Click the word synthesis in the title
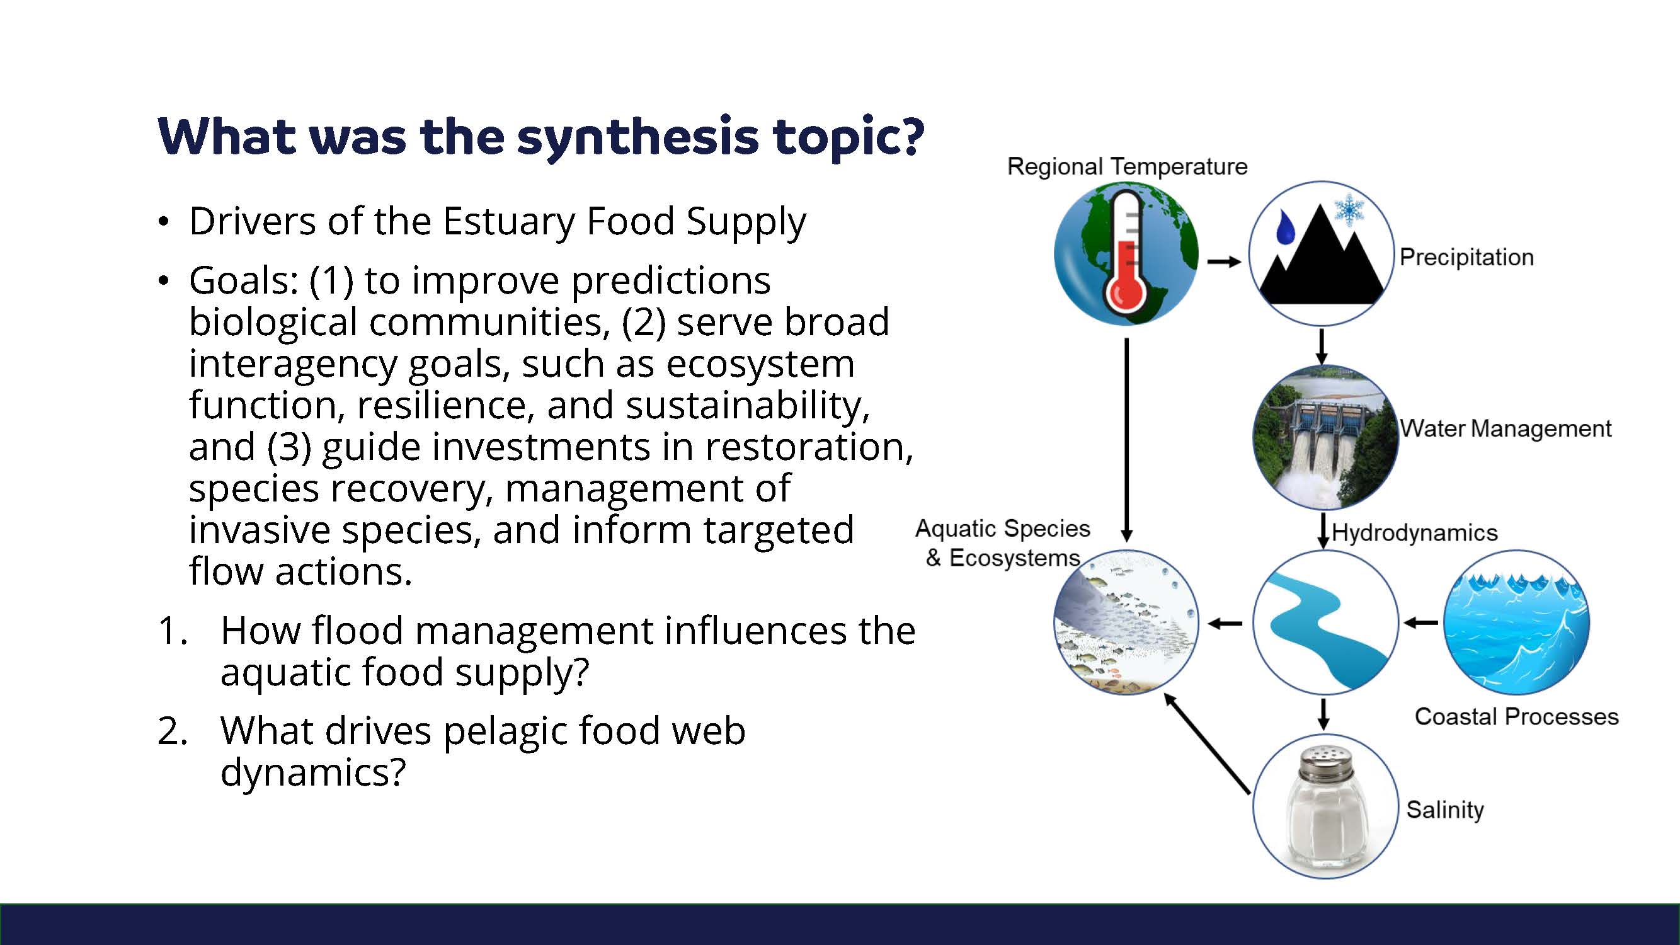tap(638, 137)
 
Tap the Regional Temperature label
tap(1127, 166)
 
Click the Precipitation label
tap(1466, 257)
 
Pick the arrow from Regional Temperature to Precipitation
tap(1223, 262)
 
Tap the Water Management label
tap(1506, 428)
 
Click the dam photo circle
tap(1325, 438)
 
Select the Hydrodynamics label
tap(1415, 533)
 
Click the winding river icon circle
tap(1325, 622)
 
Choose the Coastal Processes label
tap(1516, 717)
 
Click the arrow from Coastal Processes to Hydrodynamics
tap(1420, 623)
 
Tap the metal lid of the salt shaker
tap(1325, 761)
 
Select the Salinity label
tap(1444, 810)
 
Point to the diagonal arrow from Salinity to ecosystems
tap(1206, 743)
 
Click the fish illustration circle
tap(1126, 622)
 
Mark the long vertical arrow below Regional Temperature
tap(1127, 440)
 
